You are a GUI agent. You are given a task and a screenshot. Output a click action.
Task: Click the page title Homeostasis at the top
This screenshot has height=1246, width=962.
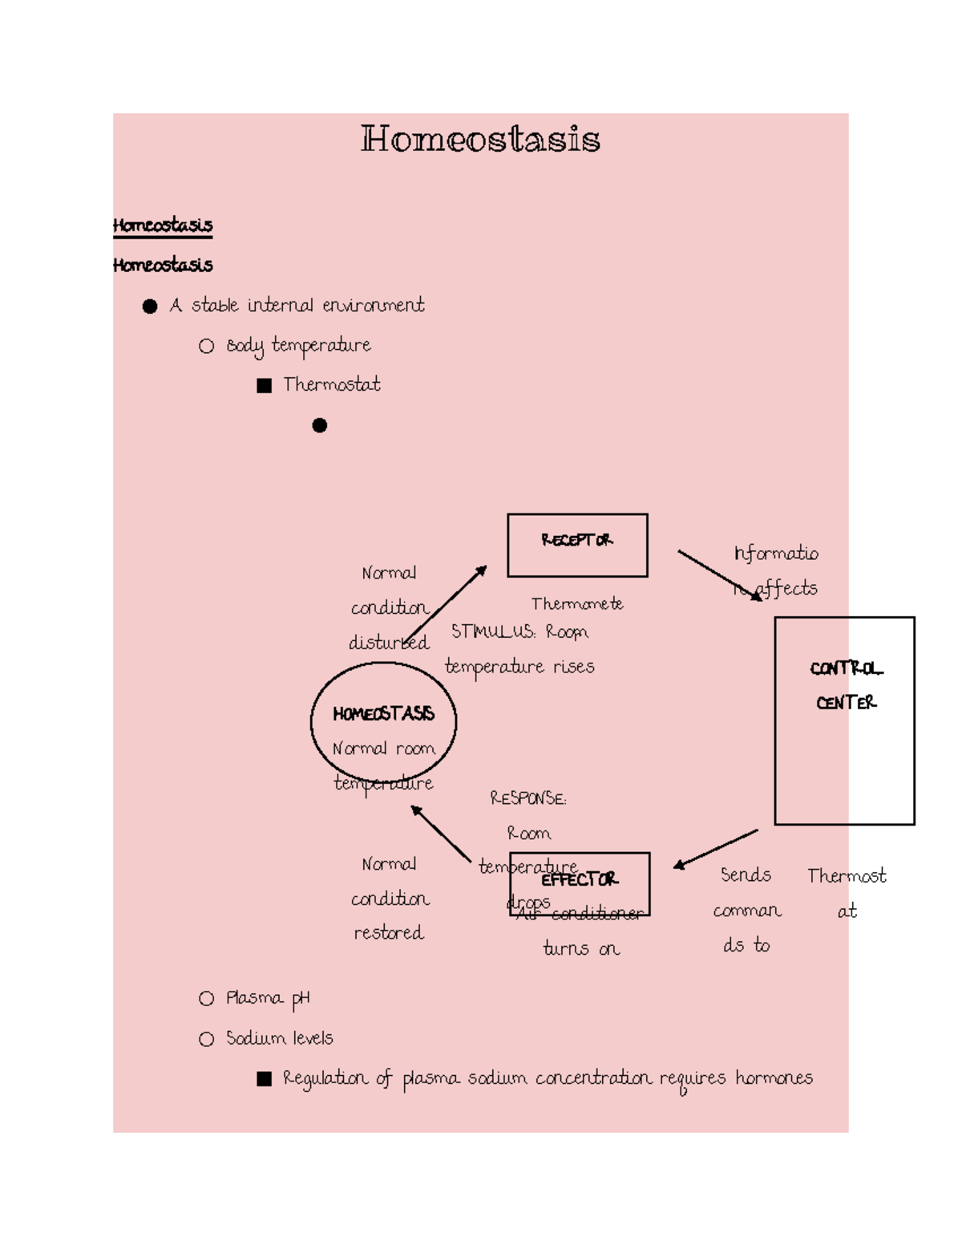(x=480, y=139)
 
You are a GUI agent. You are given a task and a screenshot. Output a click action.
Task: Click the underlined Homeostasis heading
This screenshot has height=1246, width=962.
(x=163, y=225)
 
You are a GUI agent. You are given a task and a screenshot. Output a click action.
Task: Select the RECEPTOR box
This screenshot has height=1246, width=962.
(x=577, y=545)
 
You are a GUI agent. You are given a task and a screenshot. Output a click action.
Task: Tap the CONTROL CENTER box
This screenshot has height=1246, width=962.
(x=844, y=720)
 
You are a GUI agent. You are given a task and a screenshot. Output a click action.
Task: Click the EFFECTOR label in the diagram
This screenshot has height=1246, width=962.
(x=579, y=880)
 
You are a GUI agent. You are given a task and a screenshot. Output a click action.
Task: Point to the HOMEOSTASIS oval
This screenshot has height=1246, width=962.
(x=383, y=721)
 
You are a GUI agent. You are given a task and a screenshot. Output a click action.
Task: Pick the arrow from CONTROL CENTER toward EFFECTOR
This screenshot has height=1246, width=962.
(x=715, y=849)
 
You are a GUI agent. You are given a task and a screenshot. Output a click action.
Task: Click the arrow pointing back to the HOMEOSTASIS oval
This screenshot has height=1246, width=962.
(x=440, y=834)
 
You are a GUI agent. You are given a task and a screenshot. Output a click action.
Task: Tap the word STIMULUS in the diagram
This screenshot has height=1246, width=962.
(x=492, y=631)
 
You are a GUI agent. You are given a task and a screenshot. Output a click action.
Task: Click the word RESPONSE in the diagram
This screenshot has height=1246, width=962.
(x=527, y=798)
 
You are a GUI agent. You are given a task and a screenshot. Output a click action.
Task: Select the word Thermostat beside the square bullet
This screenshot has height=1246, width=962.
(x=332, y=385)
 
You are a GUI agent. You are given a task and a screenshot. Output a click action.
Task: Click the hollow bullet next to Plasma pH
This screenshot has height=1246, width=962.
(x=207, y=998)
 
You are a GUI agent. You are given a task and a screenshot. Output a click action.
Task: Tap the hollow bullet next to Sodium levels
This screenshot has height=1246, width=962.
(x=207, y=1039)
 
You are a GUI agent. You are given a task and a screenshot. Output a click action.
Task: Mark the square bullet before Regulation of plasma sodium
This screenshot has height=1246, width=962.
(x=264, y=1079)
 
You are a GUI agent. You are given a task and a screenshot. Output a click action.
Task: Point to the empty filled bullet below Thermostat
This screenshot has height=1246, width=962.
(x=320, y=425)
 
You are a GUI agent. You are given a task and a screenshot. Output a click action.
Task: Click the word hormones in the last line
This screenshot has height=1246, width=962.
(x=774, y=1078)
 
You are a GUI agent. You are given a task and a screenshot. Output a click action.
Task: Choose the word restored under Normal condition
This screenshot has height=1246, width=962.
(x=389, y=932)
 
